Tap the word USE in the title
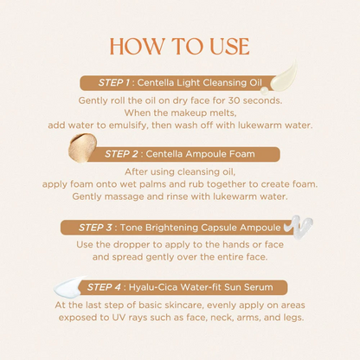(229, 46)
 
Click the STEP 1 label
(114, 83)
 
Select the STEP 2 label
(121, 154)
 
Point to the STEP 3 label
(95, 228)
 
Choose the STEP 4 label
(104, 287)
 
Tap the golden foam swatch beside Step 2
(82, 147)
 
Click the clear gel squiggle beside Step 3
(298, 227)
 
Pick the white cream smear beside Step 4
(69, 286)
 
